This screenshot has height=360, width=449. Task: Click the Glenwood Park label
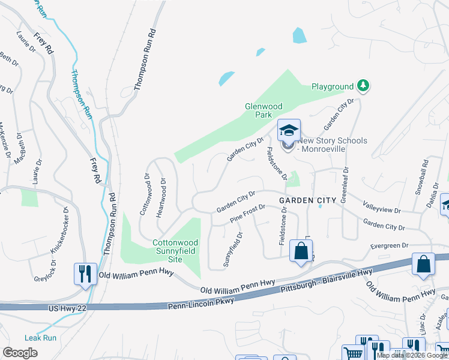click(x=263, y=110)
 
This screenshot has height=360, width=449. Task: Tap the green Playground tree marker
click(x=363, y=86)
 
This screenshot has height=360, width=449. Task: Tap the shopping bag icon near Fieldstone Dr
click(x=301, y=251)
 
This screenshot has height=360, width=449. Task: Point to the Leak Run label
click(x=40, y=338)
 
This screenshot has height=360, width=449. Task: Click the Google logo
click(x=20, y=353)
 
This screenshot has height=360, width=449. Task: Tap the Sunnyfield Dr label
click(x=233, y=249)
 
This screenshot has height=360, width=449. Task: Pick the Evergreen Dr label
click(x=388, y=245)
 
